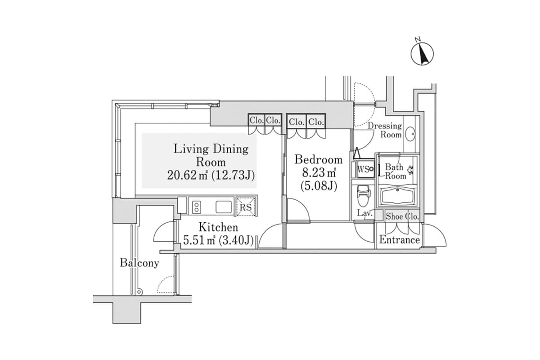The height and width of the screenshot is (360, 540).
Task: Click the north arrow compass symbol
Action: [x=422, y=54]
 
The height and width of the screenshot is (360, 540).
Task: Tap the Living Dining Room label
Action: [x=211, y=155]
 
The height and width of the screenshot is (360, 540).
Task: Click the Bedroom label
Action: [x=318, y=159]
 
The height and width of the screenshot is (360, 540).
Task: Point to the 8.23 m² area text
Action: [x=319, y=172]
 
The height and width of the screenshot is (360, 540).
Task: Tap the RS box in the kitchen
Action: [x=246, y=207]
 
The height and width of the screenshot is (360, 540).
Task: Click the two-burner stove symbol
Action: [x=196, y=207]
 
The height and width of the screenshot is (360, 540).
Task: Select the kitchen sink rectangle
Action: [x=224, y=207]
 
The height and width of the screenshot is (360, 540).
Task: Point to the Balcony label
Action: [x=139, y=263]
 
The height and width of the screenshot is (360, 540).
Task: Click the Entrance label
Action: [x=400, y=240]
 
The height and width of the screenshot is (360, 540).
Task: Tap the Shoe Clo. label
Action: [x=402, y=216]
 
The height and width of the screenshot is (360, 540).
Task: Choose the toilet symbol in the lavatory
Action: [x=363, y=194]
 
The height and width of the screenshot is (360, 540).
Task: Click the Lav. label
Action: [x=364, y=213]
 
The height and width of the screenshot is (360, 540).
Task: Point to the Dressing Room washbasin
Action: [x=410, y=134]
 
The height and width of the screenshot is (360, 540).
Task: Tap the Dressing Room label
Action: [x=385, y=130]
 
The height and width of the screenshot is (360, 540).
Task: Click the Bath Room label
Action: [x=395, y=171]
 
